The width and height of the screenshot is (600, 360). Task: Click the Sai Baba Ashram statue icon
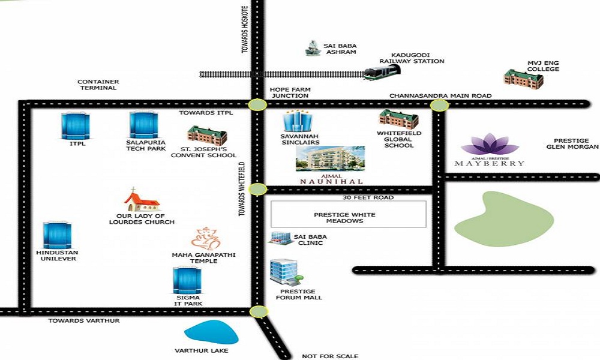[x=313, y=48]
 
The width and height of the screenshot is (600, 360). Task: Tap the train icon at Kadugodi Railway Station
[x=382, y=73]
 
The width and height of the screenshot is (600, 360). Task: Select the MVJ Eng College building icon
[x=523, y=79]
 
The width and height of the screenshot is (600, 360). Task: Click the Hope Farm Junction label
[x=290, y=92]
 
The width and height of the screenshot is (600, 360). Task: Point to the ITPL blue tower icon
[x=76, y=126]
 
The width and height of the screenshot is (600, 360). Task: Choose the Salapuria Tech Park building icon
[x=143, y=125]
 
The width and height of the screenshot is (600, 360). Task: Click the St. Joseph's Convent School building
[x=207, y=136]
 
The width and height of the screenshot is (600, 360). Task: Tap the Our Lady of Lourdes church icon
[x=142, y=200]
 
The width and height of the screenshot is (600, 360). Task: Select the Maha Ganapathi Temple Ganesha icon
[x=206, y=239]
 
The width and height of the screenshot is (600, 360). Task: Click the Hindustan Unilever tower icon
[x=57, y=235]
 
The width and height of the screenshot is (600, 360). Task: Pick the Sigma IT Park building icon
[x=187, y=280]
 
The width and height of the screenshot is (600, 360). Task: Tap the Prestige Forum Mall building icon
[x=286, y=272]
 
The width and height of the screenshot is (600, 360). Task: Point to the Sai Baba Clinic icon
[x=280, y=238]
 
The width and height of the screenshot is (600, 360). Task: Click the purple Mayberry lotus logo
[x=490, y=144]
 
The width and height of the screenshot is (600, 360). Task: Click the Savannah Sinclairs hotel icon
[x=298, y=121]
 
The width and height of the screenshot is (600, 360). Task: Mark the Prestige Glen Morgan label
[x=572, y=144]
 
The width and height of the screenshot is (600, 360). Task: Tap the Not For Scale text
[x=330, y=356]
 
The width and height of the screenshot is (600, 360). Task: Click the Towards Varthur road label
[x=84, y=320]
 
